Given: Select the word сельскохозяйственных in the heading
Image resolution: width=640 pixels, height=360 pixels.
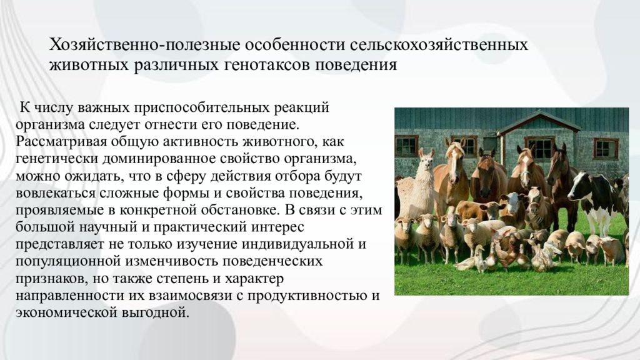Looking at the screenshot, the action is coord(439,44).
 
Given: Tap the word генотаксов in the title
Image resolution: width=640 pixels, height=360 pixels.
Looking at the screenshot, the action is coord(267,65).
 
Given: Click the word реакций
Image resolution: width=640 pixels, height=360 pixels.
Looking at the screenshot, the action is coord(302,107).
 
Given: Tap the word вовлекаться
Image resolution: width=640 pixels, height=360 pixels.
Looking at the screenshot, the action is coord(56,192).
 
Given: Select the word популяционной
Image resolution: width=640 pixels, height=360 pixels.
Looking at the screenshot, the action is coord(68,261).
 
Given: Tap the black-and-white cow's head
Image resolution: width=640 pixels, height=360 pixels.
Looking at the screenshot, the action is coord(579,186).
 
